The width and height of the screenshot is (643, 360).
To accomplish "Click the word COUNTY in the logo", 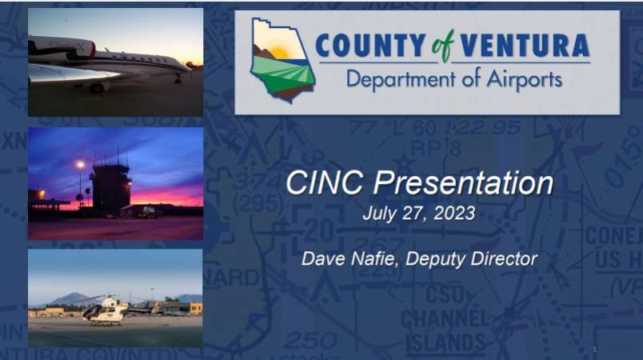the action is tap(370, 46).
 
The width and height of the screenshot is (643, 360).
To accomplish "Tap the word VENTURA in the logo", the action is tap(525, 46).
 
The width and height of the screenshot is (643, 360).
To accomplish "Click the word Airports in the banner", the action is tap(524, 79).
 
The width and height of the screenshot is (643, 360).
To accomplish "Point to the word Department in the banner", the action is tap(401, 79).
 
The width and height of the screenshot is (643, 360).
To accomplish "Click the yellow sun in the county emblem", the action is tap(280, 52).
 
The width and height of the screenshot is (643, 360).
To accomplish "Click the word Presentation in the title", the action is tap(463, 183).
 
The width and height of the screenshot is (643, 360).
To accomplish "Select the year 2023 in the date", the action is tap(454, 214).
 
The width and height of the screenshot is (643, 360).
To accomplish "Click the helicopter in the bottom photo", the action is tap(106, 310).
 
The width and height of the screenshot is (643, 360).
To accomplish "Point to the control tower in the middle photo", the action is tap(110, 186).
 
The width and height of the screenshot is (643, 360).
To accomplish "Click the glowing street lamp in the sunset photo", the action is tap(80, 165).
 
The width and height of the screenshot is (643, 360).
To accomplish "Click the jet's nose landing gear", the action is tap(178, 78).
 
